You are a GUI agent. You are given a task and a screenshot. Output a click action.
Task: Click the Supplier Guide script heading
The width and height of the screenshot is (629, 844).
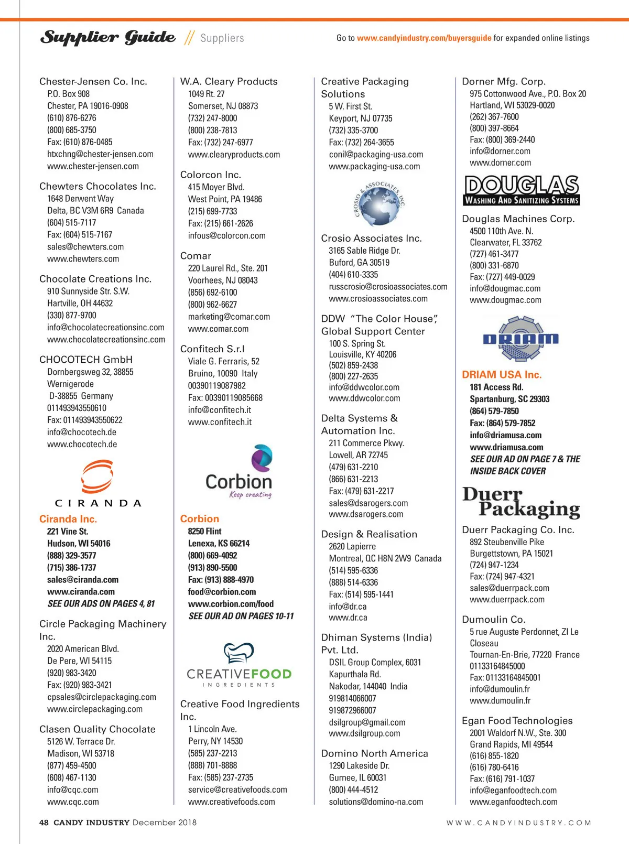point(108,38)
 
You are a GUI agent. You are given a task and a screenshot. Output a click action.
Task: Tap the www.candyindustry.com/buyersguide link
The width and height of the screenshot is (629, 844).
point(424,38)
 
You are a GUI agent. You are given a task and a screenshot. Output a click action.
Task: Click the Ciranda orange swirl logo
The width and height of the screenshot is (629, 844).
point(97,478)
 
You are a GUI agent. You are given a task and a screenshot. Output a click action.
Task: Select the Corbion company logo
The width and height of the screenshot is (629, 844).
point(240,472)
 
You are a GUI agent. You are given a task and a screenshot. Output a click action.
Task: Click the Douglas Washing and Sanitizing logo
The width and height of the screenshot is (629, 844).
point(522,190)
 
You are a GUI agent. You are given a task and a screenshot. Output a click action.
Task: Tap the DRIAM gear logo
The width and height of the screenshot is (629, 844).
point(520,339)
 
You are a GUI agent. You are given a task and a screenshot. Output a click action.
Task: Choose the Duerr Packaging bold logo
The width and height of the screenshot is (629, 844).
point(522,502)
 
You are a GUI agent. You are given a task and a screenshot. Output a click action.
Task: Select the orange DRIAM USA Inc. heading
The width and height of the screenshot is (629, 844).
point(502,375)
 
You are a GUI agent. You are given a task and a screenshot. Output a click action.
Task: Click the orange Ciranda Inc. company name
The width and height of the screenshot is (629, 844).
point(68,519)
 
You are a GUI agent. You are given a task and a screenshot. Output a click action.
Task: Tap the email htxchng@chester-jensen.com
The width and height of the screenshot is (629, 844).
point(100,154)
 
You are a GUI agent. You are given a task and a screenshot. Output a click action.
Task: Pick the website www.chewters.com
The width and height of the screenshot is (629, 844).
point(83,259)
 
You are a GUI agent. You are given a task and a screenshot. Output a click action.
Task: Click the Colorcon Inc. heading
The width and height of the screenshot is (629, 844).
point(210,175)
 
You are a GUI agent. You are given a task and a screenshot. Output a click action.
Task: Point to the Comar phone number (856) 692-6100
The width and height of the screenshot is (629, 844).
point(212,293)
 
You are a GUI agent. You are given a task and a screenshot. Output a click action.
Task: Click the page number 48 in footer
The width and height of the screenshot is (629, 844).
point(44,823)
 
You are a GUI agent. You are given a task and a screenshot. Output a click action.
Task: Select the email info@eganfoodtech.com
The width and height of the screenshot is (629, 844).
point(513,791)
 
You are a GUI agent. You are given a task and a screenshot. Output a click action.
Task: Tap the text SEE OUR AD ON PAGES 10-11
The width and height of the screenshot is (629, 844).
point(241,616)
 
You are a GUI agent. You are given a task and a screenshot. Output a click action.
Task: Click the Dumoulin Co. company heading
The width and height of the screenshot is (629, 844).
point(493,620)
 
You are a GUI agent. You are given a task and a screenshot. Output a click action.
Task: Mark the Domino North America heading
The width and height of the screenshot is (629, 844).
point(374,754)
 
